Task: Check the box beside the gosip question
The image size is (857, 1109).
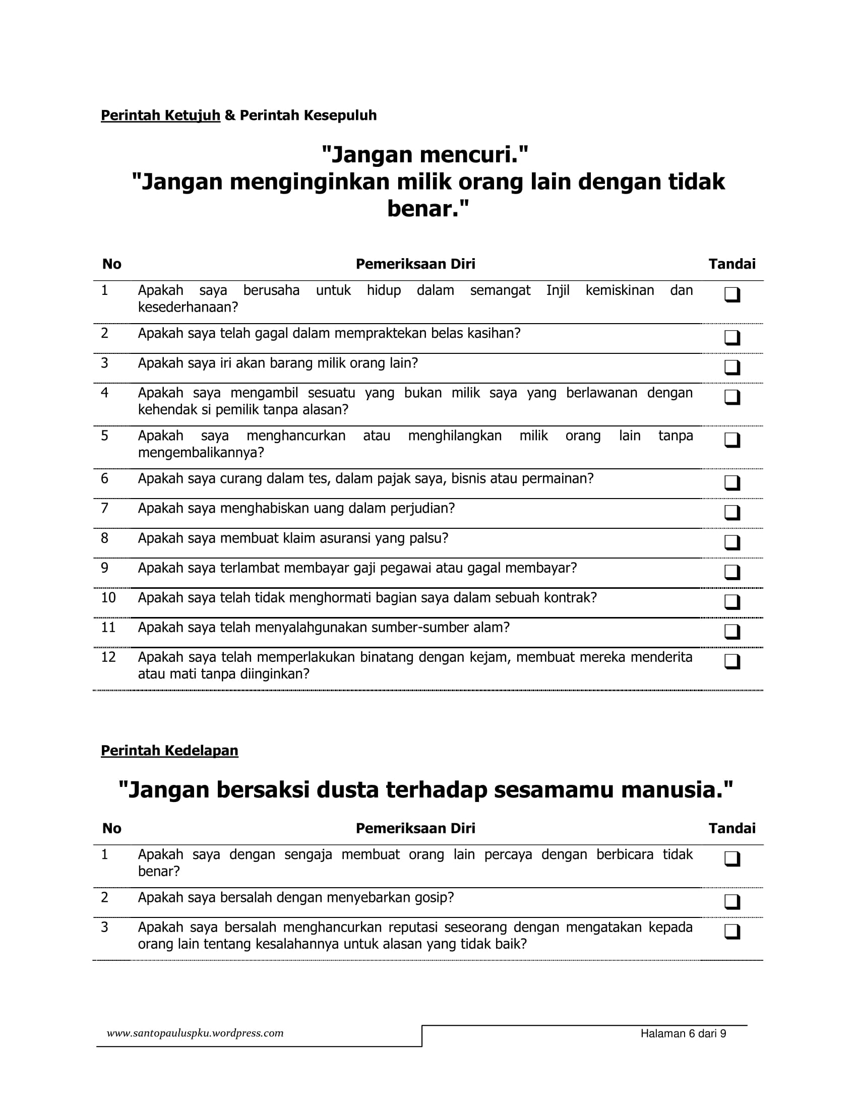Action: coord(731,901)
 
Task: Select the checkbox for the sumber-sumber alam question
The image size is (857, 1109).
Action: coord(731,631)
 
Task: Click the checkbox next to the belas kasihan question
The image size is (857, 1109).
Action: coord(731,337)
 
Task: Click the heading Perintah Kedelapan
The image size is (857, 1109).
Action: coord(169,751)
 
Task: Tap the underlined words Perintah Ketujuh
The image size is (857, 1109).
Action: coord(160,115)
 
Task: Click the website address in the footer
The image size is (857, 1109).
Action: coord(195,1033)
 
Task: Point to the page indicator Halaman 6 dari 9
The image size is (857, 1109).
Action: coord(683,1034)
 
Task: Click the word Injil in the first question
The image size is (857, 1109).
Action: coord(558,290)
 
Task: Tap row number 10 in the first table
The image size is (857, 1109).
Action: coord(108,598)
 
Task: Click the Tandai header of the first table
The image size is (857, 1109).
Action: coord(731,264)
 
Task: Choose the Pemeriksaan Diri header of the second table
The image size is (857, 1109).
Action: coord(415,829)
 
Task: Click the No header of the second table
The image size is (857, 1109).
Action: coord(112,829)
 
